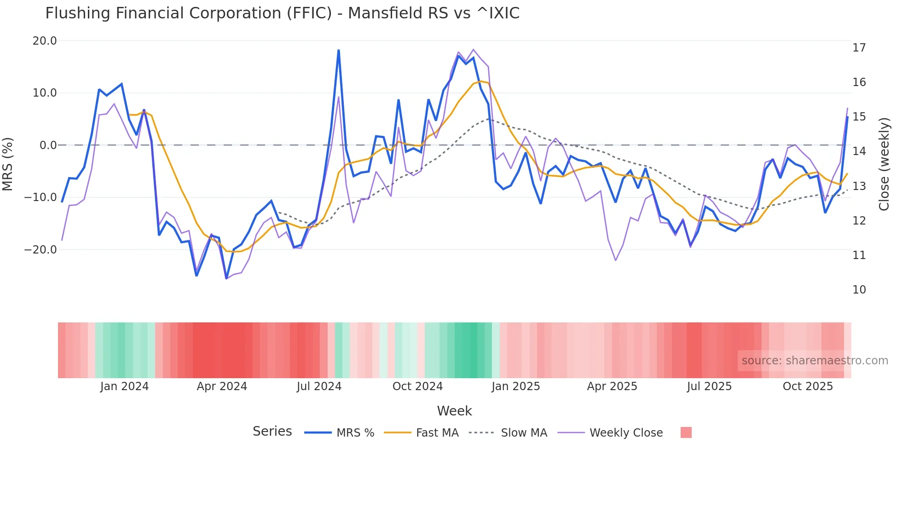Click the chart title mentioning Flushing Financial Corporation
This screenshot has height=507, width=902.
282,13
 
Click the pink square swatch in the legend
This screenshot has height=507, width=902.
686,432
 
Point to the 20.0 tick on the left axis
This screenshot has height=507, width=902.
45,41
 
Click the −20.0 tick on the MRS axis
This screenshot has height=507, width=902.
40,250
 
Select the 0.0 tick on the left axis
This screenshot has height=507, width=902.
48,145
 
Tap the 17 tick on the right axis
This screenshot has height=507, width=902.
859,48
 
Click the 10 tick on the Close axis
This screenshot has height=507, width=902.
859,290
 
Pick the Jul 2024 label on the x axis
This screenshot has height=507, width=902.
319,386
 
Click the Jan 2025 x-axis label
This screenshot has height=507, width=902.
515,386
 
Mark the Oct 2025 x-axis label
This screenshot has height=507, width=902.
808,386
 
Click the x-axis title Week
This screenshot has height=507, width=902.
454,411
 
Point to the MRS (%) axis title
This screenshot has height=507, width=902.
7,164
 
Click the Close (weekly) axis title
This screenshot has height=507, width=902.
884,164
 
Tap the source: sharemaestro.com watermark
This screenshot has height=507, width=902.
815,361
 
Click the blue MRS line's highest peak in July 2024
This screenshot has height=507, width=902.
339,50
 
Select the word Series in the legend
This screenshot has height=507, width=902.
272,432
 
